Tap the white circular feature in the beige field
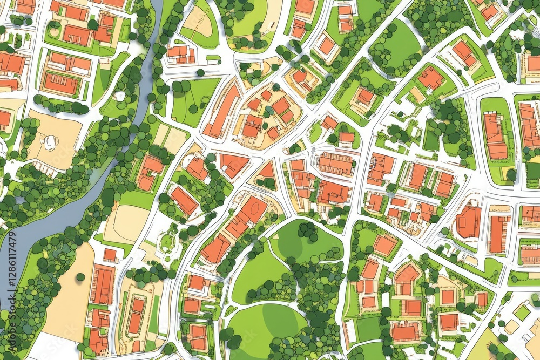(x=49, y=142)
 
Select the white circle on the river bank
(x=119, y=97)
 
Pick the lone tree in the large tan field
(x=80, y=277)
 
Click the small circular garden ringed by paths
(x=167, y=242)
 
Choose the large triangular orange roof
(x=233, y=164)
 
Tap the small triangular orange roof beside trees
(x=267, y=172)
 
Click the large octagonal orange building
(x=468, y=221)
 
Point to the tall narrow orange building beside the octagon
(x=497, y=233)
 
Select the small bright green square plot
(x=522, y=313)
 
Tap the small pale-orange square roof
(x=448, y=296)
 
